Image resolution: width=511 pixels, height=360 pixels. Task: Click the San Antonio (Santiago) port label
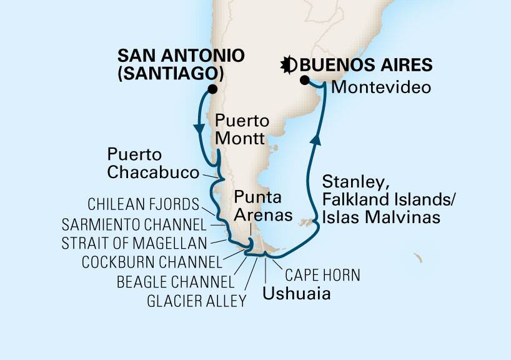(x=169, y=64)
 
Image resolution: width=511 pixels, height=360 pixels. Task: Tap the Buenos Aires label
(x=367, y=64)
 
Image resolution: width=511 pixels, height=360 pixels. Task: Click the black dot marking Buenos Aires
(x=304, y=80)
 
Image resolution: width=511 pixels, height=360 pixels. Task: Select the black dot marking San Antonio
(x=212, y=89)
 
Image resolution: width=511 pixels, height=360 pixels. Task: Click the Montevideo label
(x=380, y=88)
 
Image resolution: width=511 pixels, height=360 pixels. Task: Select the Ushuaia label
(x=296, y=292)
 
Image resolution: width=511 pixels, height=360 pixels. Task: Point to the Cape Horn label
(x=323, y=275)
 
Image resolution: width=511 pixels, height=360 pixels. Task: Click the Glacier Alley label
(x=196, y=302)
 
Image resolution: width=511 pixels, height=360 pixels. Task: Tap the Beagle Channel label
(x=176, y=282)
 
